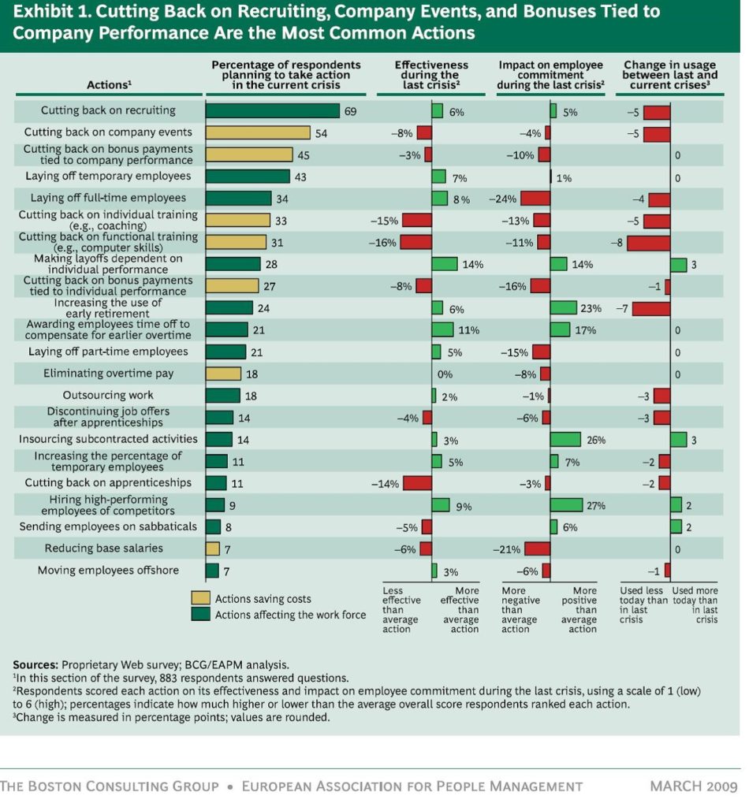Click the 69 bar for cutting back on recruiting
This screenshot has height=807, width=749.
click(272, 111)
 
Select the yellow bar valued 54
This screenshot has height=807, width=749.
click(258, 133)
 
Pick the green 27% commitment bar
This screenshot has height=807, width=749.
click(566, 505)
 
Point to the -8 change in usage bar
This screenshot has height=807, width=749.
click(648, 243)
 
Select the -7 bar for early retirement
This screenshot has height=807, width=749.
click(650, 308)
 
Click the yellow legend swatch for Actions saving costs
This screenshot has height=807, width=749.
click(201, 599)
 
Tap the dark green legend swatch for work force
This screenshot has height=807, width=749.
click(201, 615)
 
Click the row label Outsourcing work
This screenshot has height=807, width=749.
click(108, 396)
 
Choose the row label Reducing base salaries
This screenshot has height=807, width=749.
click(103, 549)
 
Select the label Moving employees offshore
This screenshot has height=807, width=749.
click(110, 571)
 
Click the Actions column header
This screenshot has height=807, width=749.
click(108, 85)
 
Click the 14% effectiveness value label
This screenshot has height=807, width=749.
click(473, 265)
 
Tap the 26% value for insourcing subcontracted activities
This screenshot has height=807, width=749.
click(596, 440)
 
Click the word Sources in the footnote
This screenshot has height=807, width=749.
click(35, 664)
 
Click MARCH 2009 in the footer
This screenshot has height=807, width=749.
click(693, 786)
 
